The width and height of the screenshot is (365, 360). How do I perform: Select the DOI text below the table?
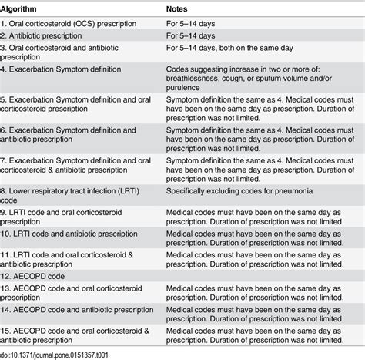(62, 353)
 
